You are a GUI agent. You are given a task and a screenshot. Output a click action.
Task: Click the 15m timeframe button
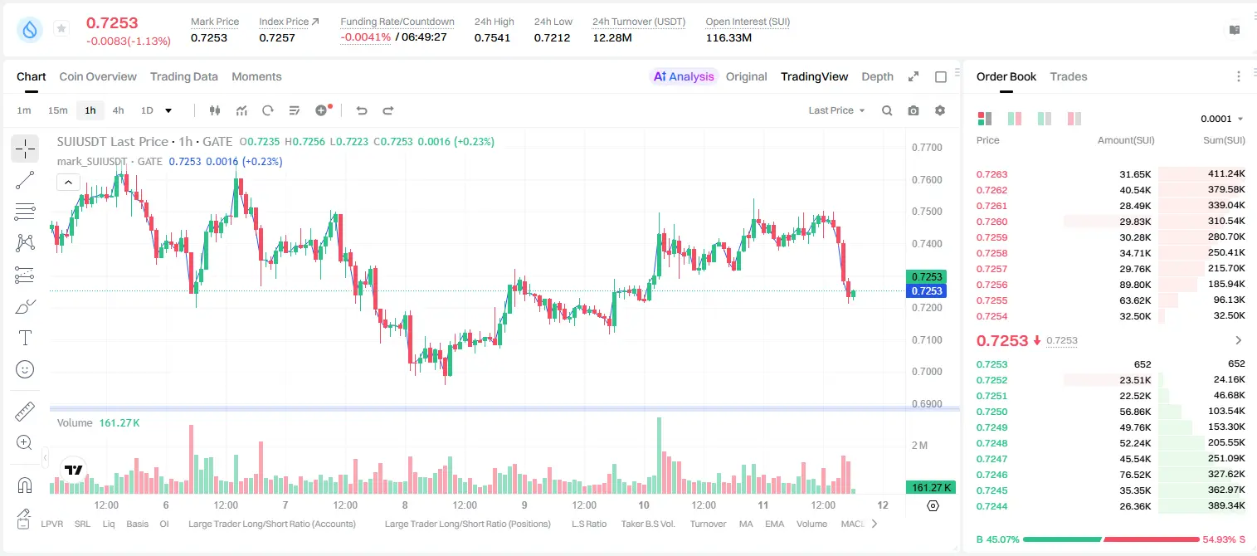coord(58,110)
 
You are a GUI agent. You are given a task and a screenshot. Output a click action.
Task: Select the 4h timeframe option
coord(118,110)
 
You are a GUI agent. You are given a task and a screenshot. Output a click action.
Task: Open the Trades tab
coord(1069,76)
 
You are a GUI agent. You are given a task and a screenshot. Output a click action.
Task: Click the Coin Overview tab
coord(98,76)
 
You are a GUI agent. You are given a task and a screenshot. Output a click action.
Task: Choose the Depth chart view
coord(877,76)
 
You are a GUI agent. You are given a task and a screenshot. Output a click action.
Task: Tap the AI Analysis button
coord(684,76)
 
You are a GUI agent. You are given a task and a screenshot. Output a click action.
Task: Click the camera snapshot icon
coord(914,110)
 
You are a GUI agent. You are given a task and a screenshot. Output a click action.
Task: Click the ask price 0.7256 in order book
coord(991,285)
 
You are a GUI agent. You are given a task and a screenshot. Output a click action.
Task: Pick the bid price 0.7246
coord(991,475)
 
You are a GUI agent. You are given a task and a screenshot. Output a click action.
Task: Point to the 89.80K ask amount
coord(1135,285)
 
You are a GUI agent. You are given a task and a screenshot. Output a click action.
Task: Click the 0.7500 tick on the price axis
coord(927,212)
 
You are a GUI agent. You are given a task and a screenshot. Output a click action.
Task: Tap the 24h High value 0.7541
coord(492,37)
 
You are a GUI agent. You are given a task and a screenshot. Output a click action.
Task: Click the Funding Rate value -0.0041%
coord(365,37)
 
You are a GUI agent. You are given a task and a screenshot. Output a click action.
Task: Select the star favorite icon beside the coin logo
coord(61,28)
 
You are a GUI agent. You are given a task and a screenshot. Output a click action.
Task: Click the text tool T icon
coord(25,338)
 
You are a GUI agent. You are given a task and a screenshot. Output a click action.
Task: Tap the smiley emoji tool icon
coord(25,369)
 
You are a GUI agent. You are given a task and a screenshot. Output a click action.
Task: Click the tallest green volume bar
coord(660,456)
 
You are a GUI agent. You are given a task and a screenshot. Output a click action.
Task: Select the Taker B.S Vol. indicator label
coord(647,524)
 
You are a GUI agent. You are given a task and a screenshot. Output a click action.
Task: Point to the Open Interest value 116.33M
coord(728,37)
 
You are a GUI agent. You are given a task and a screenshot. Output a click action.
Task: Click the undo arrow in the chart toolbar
coord(362,110)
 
